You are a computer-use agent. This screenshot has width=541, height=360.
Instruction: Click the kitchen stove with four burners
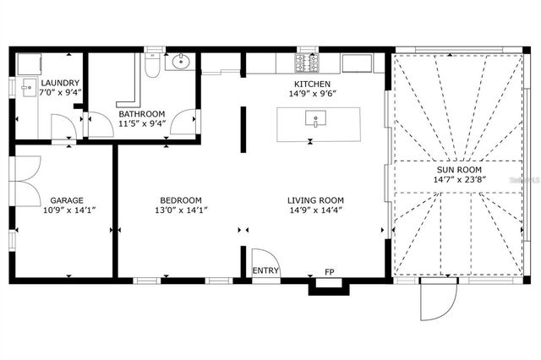305,62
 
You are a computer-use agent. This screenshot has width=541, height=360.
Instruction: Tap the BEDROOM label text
181,200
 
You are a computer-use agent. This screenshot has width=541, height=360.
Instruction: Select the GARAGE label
65,200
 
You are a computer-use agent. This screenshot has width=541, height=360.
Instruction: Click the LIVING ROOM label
316,200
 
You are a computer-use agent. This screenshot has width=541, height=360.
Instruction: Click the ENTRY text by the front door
265,271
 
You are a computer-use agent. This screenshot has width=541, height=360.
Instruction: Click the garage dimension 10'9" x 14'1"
65,210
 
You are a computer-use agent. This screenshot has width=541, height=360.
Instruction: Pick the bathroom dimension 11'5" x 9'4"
141,123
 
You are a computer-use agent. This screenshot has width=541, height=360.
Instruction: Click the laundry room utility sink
28,86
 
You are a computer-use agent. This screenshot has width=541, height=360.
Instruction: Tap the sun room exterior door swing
438,300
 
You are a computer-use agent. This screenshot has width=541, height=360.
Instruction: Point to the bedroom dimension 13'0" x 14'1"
181,210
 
